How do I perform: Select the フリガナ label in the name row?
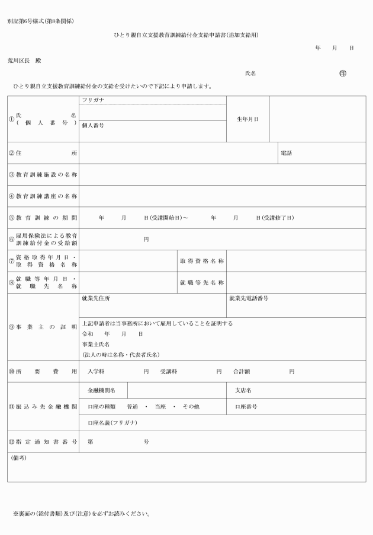(93, 100)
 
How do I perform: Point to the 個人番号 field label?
(93, 126)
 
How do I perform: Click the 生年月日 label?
(247, 119)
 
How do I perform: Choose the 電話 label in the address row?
(287, 153)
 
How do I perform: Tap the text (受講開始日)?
(166, 218)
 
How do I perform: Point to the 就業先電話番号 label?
(249, 298)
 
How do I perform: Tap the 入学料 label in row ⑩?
(96, 371)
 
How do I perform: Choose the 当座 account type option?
(160, 407)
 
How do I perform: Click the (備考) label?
(19, 458)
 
